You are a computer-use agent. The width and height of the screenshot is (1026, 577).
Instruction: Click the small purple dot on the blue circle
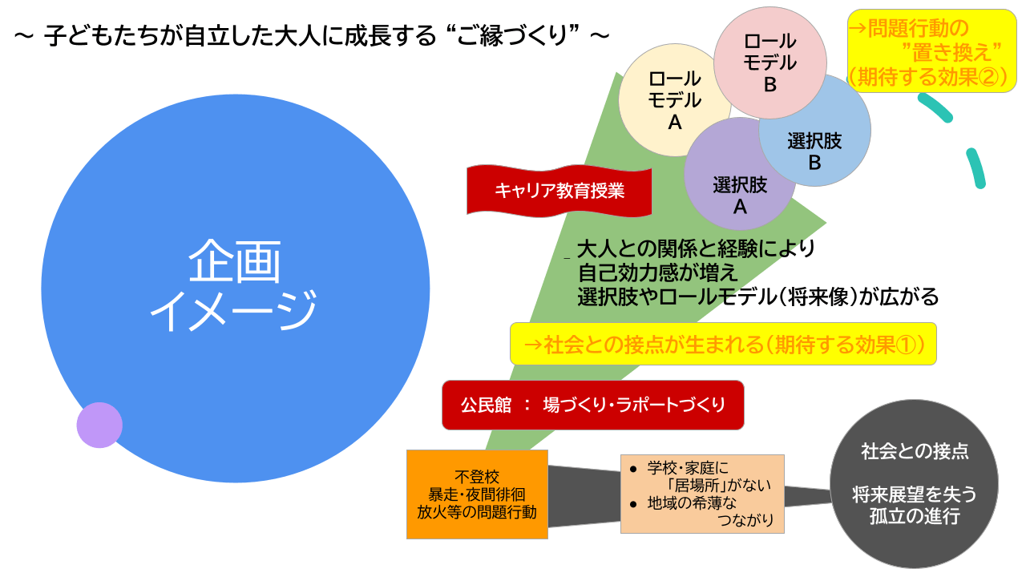click(x=99, y=425)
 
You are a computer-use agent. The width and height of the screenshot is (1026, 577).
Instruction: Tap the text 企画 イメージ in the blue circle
click(x=234, y=286)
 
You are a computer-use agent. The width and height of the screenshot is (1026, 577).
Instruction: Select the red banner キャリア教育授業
click(x=559, y=191)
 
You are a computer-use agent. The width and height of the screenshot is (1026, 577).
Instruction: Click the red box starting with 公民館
click(x=593, y=405)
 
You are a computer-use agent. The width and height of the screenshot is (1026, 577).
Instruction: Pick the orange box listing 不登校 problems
click(x=477, y=494)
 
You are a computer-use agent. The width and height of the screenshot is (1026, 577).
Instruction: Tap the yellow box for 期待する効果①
click(x=723, y=344)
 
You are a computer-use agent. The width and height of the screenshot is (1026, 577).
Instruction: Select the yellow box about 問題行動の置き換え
click(x=931, y=53)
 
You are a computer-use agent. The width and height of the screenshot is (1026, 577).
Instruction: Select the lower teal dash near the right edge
click(x=976, y=168)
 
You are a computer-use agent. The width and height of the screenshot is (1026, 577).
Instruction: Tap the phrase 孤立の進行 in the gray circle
click(x=914, y=516)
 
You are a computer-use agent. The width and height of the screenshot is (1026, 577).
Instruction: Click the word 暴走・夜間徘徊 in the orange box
click(x=477, y=494)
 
